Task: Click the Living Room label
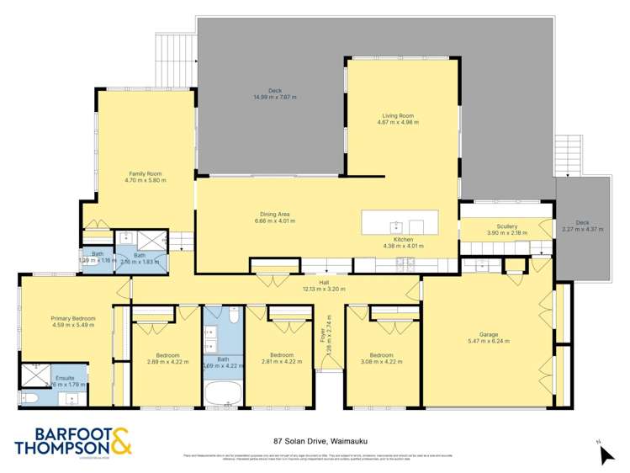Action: coord(398,116)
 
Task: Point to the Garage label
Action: coord(488,334)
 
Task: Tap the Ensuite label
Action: coord(66,378)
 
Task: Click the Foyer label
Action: coord(322,335)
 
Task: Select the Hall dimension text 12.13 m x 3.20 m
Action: coord(322,289)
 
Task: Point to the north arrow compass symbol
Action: coord(606,454)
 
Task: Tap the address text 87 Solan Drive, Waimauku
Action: coord(314,440)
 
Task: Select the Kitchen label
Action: coord(404,240)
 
